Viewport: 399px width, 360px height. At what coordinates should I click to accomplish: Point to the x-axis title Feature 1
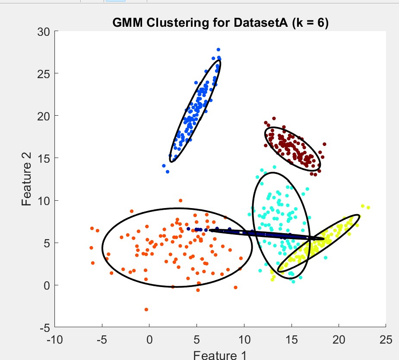click(x=220, y=355)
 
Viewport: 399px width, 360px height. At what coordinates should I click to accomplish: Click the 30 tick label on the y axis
click(x=43, y=32)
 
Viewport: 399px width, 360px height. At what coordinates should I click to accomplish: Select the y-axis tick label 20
click(x=43, y=117)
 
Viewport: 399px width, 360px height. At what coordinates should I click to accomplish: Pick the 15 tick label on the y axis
click(x=43, y=158)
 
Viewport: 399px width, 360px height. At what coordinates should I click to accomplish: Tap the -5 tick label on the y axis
click(x=44, y=328)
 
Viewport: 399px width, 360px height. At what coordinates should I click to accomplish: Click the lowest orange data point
click(x=146, y=309)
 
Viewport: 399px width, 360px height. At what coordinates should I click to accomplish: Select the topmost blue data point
click(x=218, y=50)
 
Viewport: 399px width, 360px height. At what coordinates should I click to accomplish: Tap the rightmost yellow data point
click(x=368, y=208)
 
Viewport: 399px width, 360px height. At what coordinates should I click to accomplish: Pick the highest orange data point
click(x=180, y=200)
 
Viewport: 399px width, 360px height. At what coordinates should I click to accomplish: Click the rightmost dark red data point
click(x=324, y=144)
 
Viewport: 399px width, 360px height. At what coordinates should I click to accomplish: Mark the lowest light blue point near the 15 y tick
click(x=168, y=172)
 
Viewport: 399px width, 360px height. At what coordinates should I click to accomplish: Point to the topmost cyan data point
click(x=274, y=167)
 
